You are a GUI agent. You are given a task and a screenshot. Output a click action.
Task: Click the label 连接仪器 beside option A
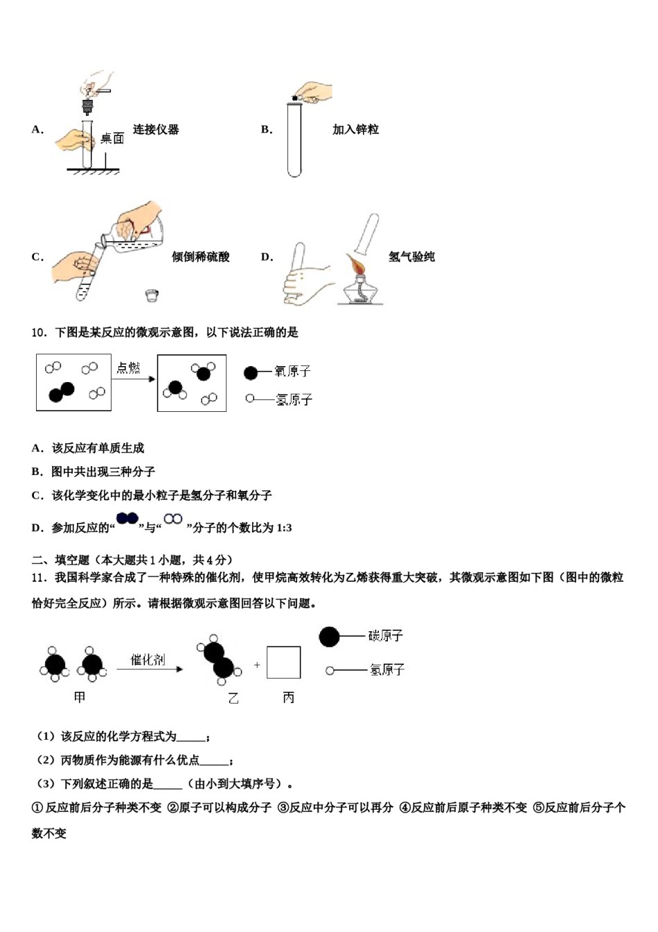[x=156, y=130]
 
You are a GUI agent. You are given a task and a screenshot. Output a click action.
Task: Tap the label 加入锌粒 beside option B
[x=355, y=130]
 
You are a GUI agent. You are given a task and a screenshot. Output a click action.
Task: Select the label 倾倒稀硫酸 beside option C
[x=200, y=257]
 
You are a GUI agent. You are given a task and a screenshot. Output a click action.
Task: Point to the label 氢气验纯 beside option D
[x=411, y=257]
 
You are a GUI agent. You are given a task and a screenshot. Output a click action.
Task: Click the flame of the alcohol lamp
[x=357, y=266]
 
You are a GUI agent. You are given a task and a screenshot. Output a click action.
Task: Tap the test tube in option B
[x=294, y=139]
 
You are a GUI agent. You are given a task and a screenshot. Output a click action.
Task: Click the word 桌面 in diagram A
[x=112, y=139]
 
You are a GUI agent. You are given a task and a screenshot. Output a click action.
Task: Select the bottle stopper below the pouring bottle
[x=153, y=296]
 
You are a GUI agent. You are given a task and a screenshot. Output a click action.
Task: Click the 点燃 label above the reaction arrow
[x=128, y=368]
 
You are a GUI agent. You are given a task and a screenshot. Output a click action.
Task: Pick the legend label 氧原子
[x=292, y=372]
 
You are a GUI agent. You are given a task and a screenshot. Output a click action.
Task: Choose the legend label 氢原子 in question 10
[x=294, y=399]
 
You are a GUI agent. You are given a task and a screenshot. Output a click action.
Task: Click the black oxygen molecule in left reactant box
[x=62, y=392]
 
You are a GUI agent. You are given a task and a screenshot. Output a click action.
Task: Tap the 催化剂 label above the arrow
[x=148, y=659]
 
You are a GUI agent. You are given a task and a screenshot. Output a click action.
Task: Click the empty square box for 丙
[x=283, y=662]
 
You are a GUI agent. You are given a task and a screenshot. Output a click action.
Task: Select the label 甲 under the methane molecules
[x=80, y=697]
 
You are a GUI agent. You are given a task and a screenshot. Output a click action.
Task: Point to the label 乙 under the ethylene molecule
[x=233, y=698]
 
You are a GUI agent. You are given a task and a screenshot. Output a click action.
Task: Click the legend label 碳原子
[x=385, y=636]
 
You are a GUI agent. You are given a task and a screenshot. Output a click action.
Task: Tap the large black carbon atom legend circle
[x=329, y=637]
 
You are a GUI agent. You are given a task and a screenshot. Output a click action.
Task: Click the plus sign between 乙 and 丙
[x=257, y=665]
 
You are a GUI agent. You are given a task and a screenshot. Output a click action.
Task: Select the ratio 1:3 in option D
[x=284, y=528]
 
